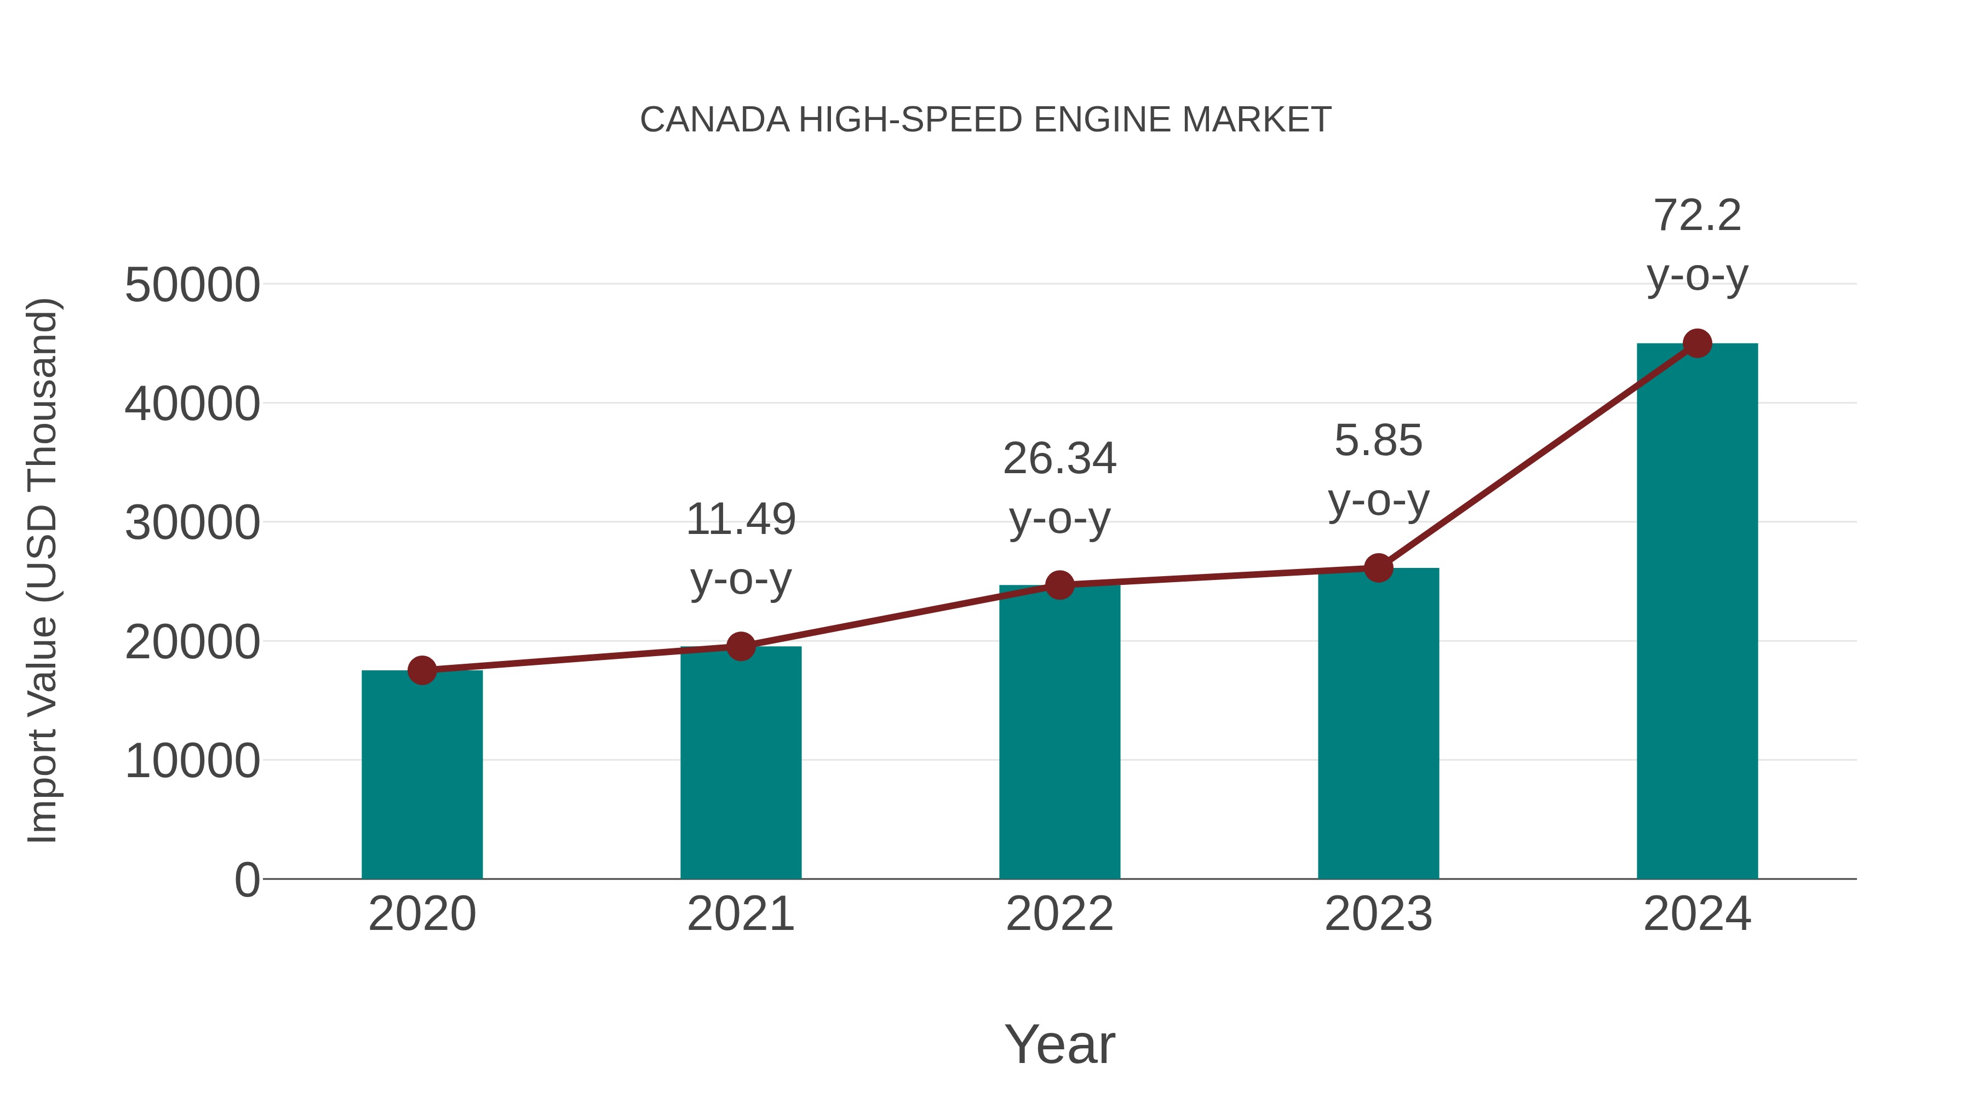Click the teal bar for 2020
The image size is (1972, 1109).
pyautogui.click(x=422, y=774)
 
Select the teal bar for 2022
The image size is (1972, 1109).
pyautogui.click(x=1059, y=732)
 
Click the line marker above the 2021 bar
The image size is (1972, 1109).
pyautogui.click(x=740, y=647)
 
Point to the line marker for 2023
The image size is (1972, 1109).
pyautogui.click(x=1378, y=568)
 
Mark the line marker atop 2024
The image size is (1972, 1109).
pyautogui.click(x=1697, y=343)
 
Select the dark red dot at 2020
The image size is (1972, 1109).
pyautogui.click(x=422, y=670)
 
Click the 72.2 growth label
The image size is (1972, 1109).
pyautogui.click(x=1697, y=215)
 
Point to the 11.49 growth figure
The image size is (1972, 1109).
pyautogui.click(x=740, y=519)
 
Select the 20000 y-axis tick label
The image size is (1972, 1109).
pyautogui.click(x=192, y=642)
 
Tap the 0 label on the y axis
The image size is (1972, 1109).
pyautogui.click(x=247, y=880)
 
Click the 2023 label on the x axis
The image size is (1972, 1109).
pyautogui.click(x=1378, y=914)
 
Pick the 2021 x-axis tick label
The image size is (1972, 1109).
pyautogui.click(x=740, y=914)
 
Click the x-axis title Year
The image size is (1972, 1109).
pyautogui.click(x=1059, y=1044)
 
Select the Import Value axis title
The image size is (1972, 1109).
pyautogui.click(x=43, y=570)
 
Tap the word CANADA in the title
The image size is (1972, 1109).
pyautogui.click(x=714, y=120)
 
